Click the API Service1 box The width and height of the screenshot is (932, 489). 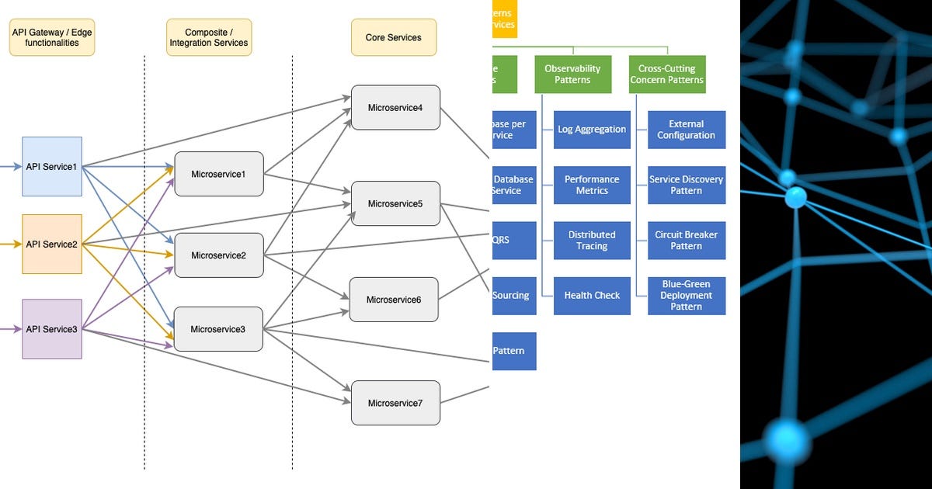52,166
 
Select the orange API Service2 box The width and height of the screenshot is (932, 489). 52,244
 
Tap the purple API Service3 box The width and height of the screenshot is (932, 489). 52,329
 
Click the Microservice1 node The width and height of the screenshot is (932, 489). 219,174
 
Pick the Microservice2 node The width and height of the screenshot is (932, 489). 219,255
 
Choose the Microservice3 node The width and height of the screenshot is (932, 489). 218,329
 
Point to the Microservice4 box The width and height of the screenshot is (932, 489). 395,107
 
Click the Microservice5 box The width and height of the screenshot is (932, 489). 395,203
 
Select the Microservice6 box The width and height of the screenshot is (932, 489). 394,299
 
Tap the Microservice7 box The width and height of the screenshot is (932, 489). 395,403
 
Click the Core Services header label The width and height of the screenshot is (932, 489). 394,37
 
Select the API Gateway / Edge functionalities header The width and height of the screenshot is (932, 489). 52,37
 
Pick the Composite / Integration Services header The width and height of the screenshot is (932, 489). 209,37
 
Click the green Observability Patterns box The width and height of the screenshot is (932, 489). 572,75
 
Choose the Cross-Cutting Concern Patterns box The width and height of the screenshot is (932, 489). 666,75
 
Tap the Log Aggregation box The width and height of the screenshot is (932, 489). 592,130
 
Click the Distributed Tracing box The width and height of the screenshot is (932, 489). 592,241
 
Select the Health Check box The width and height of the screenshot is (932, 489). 592,296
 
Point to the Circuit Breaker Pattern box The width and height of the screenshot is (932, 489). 687,241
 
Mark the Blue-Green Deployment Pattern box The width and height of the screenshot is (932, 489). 687,296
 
